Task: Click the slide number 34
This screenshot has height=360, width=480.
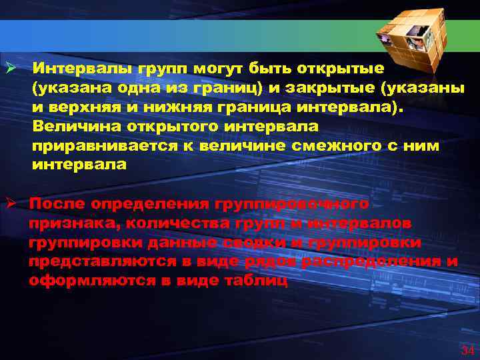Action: tap(467, 351)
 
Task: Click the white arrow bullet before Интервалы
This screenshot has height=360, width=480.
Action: tap(11, 69)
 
